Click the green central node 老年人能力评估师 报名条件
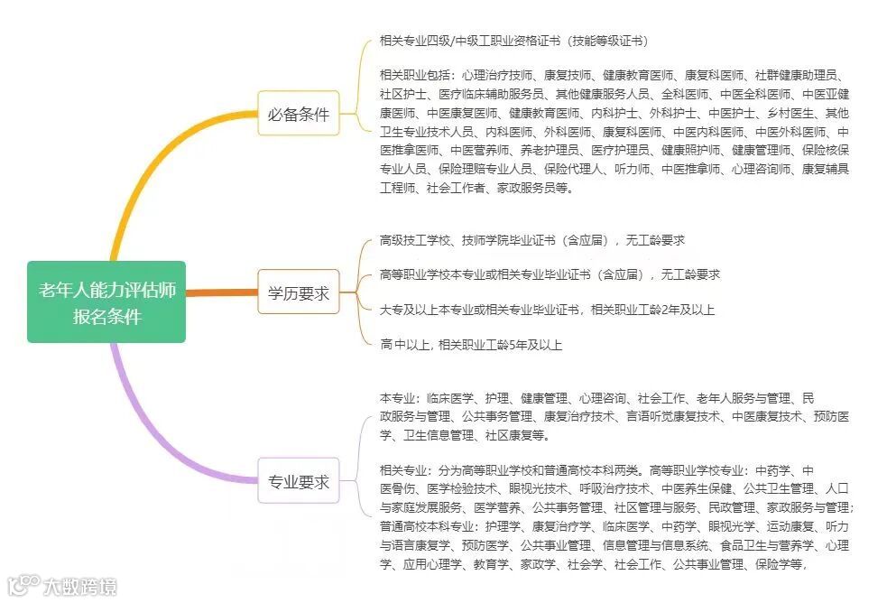(x=106, y=301)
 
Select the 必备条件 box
(x=298, y=114)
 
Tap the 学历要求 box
(x=298, y=292)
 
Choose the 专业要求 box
(x=298, y=482)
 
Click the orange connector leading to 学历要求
(x=221, y=292)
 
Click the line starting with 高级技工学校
(x=531, y=240)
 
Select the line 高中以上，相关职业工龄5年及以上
(x=472, y=344)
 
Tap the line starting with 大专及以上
(x=547, y=310)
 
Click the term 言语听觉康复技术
(x=674, y=416)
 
